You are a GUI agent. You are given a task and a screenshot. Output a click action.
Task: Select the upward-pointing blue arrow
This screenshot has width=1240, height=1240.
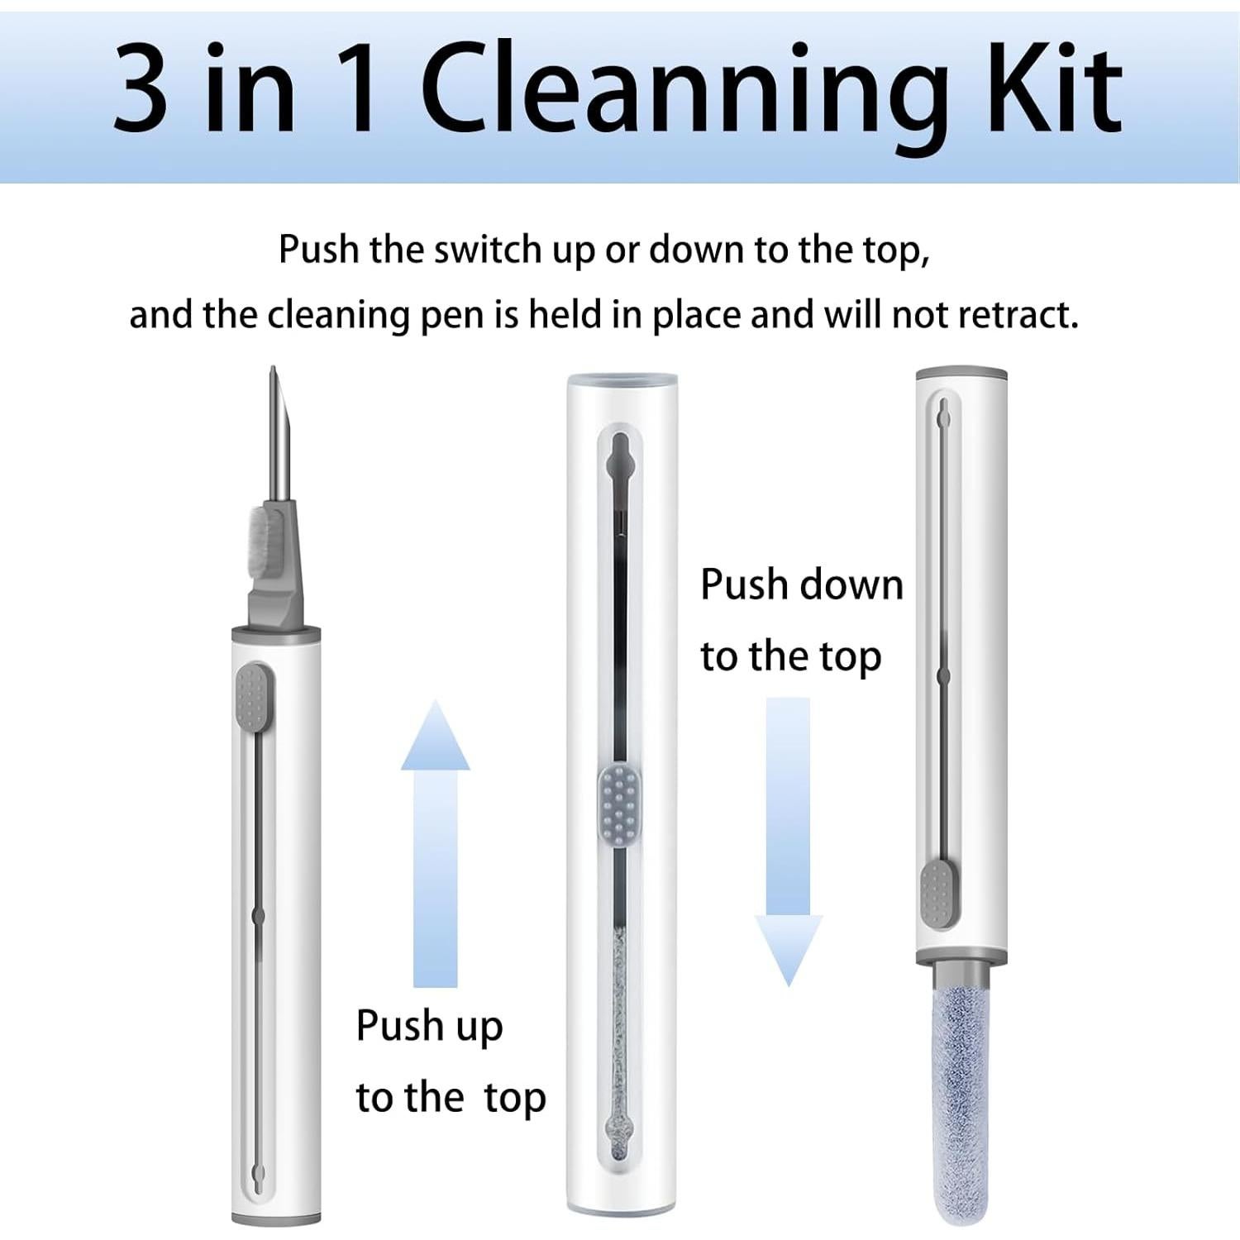pos(435,843)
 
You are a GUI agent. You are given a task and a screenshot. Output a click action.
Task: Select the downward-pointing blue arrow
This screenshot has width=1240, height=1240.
pos(788,843)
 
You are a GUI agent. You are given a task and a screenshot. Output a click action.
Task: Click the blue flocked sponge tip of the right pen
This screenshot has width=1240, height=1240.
pos(961,1091)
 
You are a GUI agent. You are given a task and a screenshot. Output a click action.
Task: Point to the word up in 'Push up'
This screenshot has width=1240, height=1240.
pos(479,1027)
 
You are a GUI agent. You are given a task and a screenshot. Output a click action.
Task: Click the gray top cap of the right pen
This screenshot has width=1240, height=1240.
pos(961,374)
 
